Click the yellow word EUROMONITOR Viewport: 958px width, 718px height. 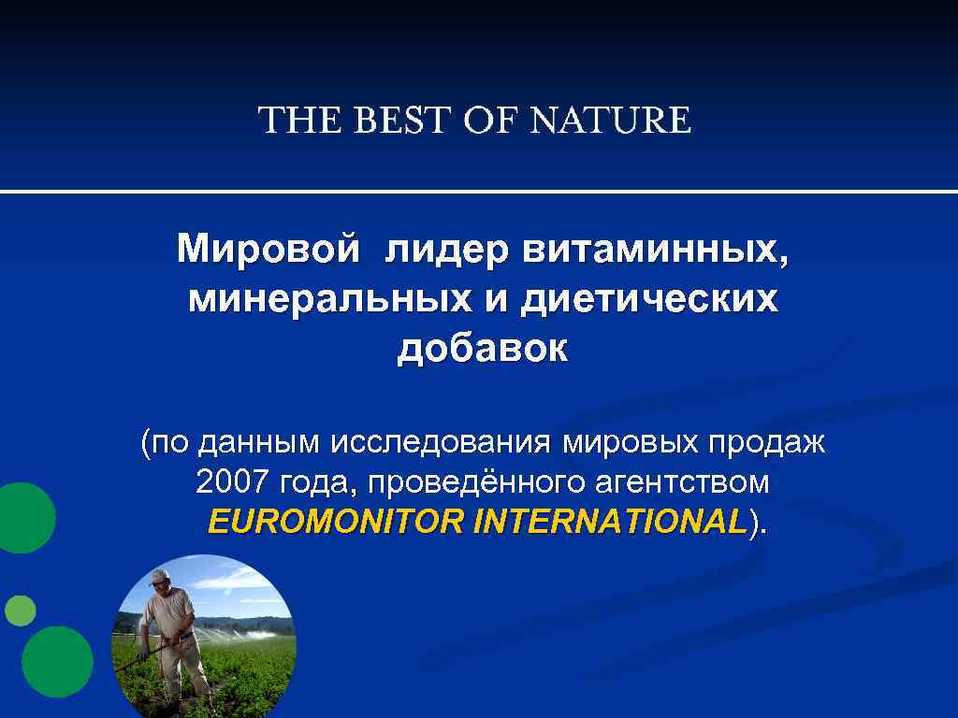337,521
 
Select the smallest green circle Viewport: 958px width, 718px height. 20,610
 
